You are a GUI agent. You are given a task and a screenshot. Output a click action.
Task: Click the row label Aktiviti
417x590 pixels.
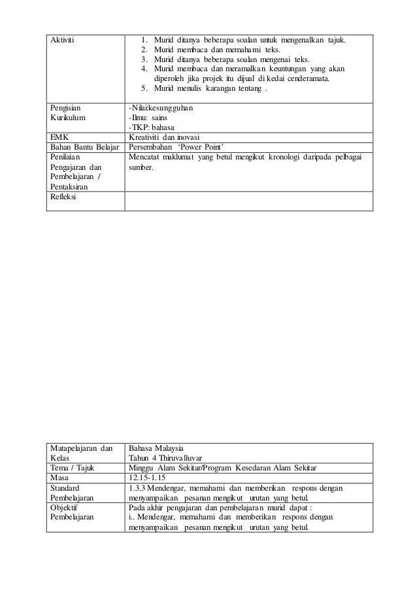[62, 41]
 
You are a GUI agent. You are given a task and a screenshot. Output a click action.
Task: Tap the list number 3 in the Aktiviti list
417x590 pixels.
[143, 60]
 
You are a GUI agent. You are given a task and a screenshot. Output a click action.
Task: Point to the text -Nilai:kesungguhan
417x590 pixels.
[161, 107]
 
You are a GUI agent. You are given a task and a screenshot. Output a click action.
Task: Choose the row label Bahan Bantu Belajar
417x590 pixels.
[84, 147]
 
